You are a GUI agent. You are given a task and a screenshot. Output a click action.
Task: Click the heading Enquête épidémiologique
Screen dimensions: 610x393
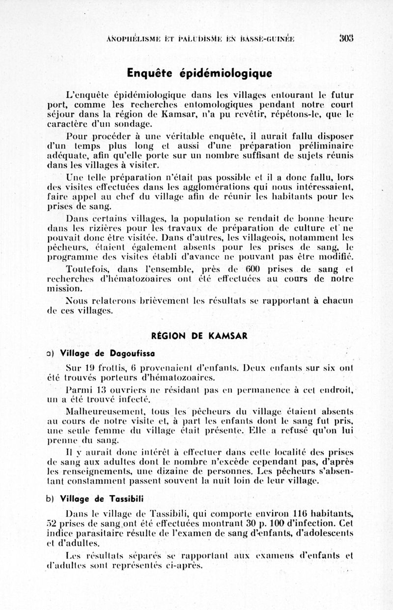pos(199,73)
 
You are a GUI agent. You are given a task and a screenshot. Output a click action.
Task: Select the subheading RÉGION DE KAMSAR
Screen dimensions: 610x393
pos(199,336)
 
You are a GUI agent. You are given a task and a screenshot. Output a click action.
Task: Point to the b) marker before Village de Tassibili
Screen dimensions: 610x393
pos(49,499)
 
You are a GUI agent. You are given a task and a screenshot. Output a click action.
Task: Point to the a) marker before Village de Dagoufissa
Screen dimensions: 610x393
pos(49,352)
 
